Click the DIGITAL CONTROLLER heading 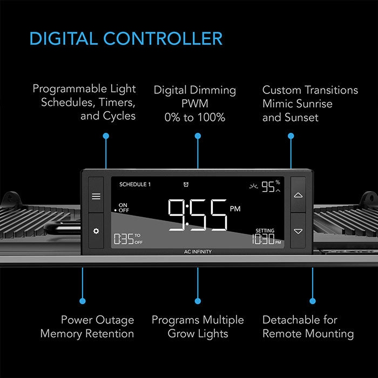tap(126, 38)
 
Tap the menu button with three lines tap(96, 196)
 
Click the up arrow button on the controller tap(298, 194)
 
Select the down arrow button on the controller tap(298, 231)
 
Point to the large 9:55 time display tap(197, 215)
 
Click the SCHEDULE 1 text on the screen tap(135, 184)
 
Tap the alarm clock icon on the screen tap(186, 184)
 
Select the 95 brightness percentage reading tap(268, 187)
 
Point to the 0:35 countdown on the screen tap(124, 239)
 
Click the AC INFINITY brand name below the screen tap(198, 252)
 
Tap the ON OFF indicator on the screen tap(122, 207)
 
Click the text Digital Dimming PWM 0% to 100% tap(195, 103)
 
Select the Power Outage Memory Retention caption tap(87, 327)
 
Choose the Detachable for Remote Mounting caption tap(308, 327)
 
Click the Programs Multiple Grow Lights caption tap(198, 327)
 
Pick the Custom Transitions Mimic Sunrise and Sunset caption tap(310, 103)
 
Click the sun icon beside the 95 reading tap(254, 186)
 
